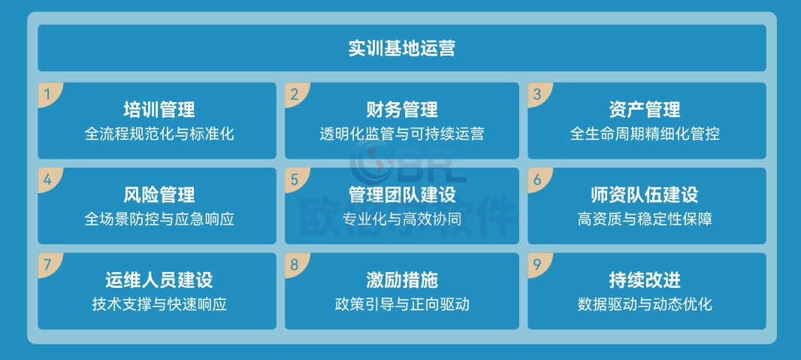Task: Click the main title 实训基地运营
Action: (x=401, y=49)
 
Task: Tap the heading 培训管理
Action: (x=159, y=110)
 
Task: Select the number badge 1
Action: (x=49, y=94)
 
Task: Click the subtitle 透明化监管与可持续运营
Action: (x=401, y=134)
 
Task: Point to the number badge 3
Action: (x=538, y=94)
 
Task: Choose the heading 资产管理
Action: (x=645, y=110)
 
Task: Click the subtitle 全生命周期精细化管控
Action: (x=645, y=134)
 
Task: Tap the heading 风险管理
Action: (x=159, y=195)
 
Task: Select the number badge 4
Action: (x=49, y=179)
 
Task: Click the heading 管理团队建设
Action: (x=401, y=195)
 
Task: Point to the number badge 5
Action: (x=295, y=179)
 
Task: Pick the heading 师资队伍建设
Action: (x=645, y=195)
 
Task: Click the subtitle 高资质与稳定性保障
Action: (x=645, y=219)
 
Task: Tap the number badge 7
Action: (x=49, y=265)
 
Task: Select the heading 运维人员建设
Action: (x=159, y=280)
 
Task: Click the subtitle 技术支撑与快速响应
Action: (x=159, y=304)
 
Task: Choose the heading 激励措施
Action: (x=401, y=280)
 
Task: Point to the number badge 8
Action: (x=295, y=265)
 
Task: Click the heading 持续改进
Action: (x=645, y=280)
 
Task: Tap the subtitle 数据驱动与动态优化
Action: (x=645, y=304)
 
